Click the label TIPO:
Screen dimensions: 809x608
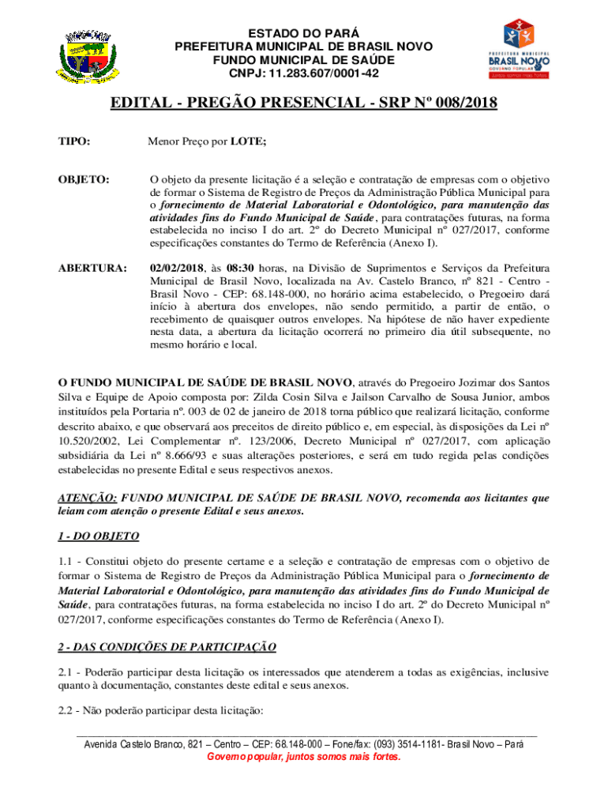[74, 142]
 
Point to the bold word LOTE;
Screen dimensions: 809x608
[249, 142]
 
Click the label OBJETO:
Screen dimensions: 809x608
[83, 181]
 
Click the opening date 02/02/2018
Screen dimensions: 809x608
[177, 269]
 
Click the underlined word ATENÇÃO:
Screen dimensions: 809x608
[88, 498]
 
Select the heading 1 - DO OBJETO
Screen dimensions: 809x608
[99, 536]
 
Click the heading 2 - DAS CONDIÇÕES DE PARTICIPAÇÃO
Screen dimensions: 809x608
[167, 647]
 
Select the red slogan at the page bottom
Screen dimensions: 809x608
[303, 757]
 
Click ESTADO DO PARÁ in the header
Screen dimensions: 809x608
[303, 33]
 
